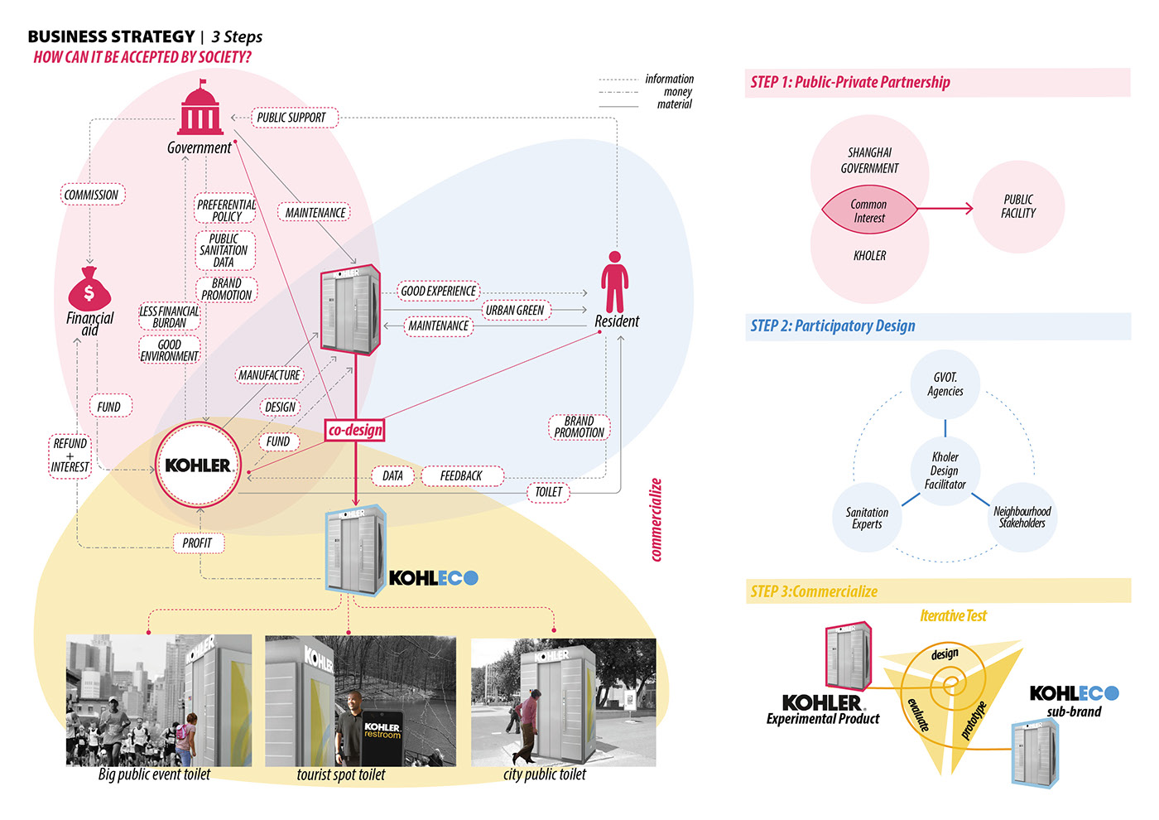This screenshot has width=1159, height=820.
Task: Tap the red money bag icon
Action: (89, 287)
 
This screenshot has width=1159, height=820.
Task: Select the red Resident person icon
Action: (614, 282)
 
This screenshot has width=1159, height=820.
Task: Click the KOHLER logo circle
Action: (198, 465)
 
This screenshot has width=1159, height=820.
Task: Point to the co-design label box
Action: (355, 430)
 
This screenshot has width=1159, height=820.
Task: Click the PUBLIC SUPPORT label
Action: (291, 118)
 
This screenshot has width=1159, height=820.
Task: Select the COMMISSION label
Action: (91, 195)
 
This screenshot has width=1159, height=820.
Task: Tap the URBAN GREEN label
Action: (515, 310)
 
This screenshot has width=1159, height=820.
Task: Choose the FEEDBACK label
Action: (461, 475)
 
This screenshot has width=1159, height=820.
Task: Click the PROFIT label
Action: (197, 543)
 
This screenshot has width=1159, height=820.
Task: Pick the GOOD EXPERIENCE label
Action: (439, 291)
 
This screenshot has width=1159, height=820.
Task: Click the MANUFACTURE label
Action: (269, 375)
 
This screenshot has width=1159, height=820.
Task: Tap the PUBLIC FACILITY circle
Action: (1018, 206)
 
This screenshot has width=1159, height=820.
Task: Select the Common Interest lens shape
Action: (868, 211)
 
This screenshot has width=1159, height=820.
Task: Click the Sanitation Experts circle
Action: (867, 518)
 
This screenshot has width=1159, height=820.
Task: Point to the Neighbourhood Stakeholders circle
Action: (1022, 517)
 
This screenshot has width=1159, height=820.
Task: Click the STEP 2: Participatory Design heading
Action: (833, 326)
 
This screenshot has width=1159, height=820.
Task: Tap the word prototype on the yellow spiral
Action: (974, 720)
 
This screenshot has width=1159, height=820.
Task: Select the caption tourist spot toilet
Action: (341, 774)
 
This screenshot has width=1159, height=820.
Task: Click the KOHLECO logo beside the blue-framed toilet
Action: (434, 577)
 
